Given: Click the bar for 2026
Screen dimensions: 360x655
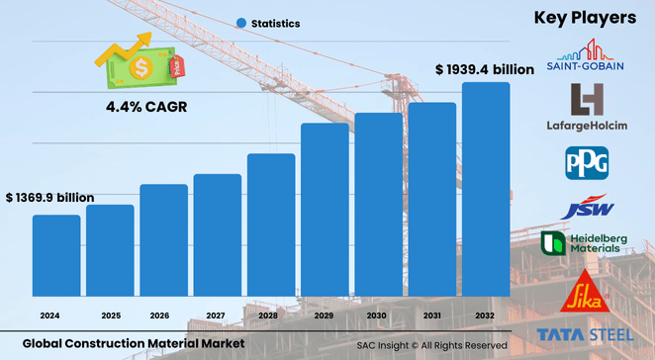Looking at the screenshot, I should click(163, 240).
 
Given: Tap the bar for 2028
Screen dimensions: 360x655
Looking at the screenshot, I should click(271, 225).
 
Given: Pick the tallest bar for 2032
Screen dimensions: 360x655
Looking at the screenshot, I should click(486, 189).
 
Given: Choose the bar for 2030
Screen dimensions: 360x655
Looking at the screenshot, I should click(379, 204).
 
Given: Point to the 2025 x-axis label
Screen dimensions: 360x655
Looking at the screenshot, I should click(110, 315).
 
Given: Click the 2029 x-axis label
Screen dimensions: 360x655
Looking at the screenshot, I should click(325, 315).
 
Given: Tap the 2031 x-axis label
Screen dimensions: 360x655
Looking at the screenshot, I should click(432, 315).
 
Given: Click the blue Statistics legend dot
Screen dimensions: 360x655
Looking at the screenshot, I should click(240, 23).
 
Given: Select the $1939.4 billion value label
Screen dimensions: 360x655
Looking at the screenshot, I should click(485, 69).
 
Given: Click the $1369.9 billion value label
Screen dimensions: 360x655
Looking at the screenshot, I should click(49, 198).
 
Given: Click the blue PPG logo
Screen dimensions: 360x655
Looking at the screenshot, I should click(587, 161).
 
